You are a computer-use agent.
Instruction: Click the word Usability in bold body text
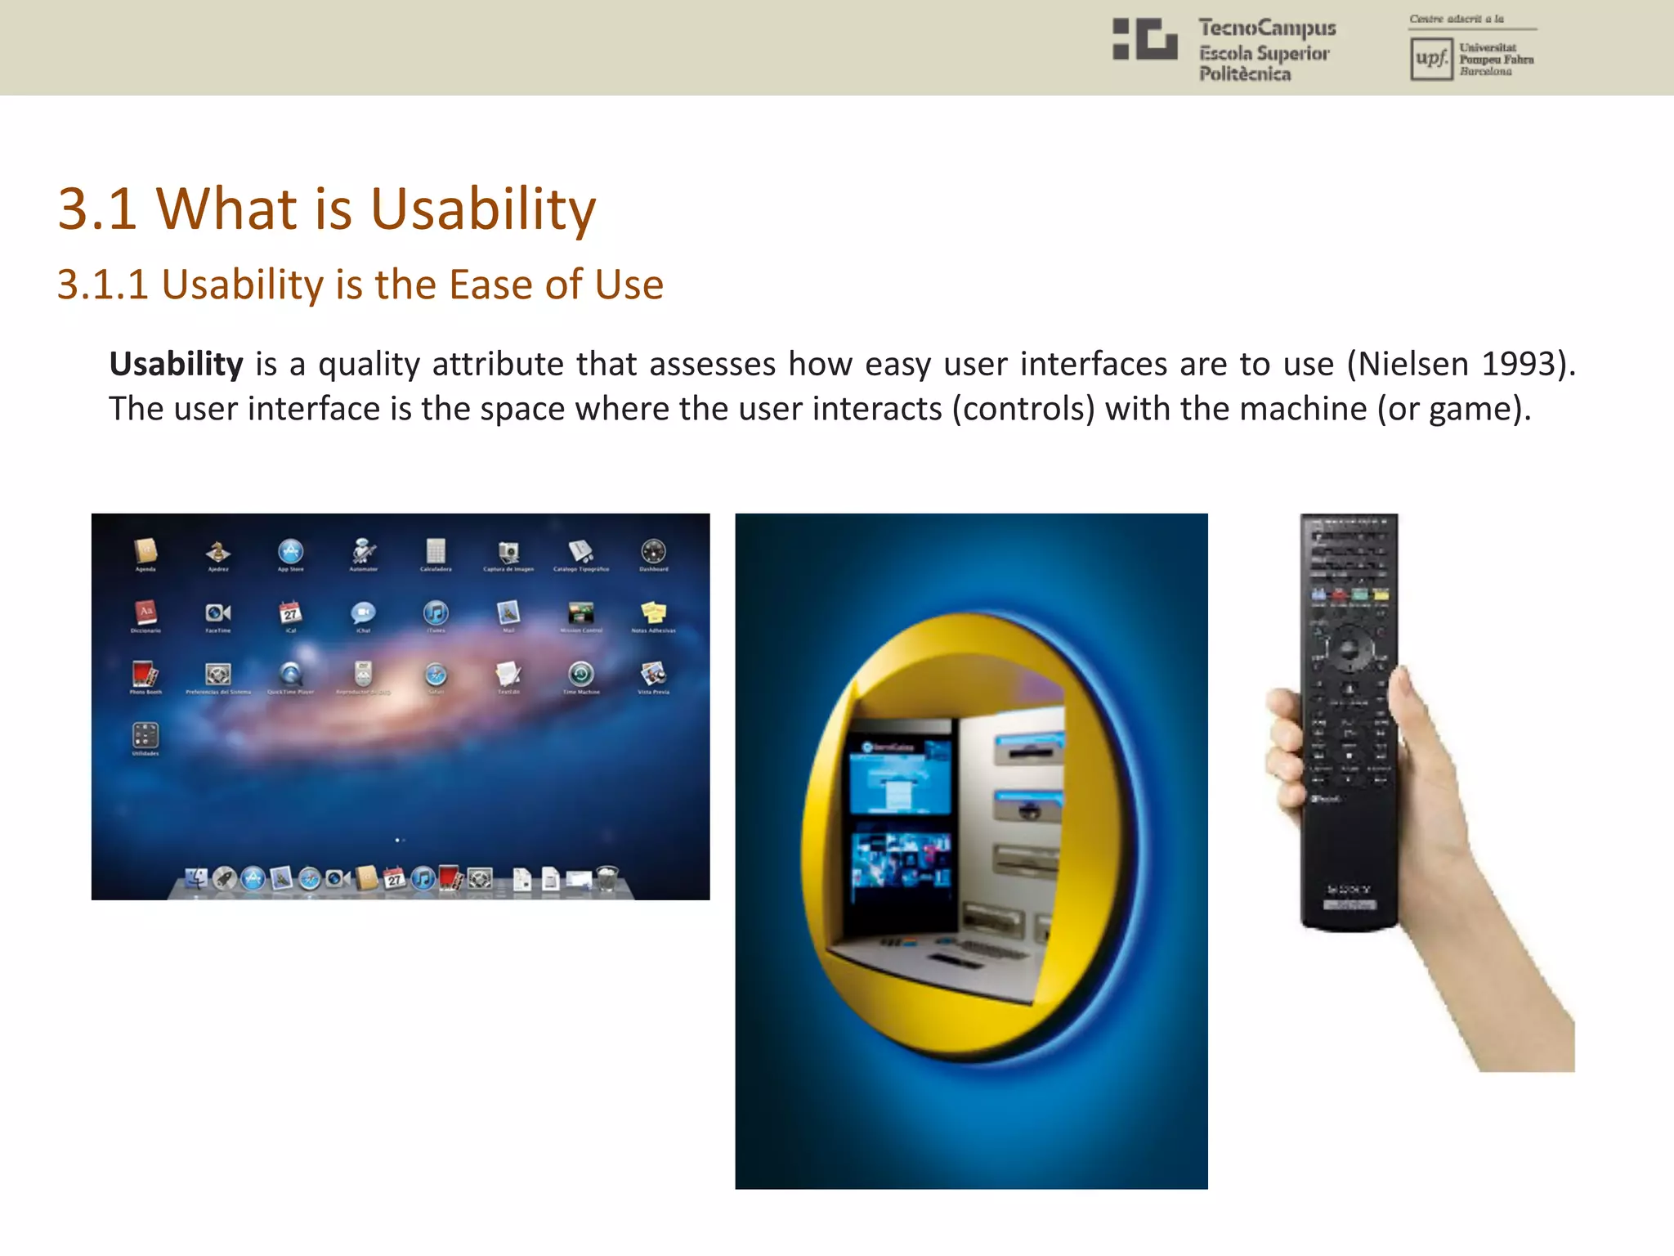[x=176, y=364]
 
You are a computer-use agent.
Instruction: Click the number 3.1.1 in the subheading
[x=103, y=285]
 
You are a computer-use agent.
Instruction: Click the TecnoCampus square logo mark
[x=1144, y=39]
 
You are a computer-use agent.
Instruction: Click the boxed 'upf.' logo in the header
[x=1430, y=59]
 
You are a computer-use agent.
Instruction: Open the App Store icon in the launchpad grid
[x=290, y=551]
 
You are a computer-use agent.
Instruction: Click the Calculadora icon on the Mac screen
[x=436, y=551]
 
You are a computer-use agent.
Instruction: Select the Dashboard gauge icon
[x=653, y=551]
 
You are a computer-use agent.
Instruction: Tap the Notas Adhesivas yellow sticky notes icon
[x=653, y=612]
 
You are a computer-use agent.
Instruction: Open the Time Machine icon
[x=581, y=674]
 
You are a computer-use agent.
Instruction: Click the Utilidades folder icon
[x=145, y=735]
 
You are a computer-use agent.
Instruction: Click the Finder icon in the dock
[x=196, y=878]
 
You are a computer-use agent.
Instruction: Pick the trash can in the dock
[x=606, y=878]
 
